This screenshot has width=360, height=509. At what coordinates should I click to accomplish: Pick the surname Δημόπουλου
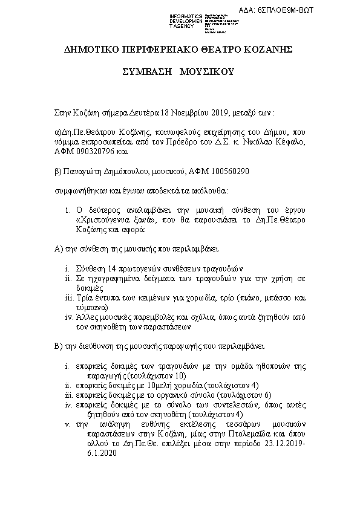click(x=123, y=172)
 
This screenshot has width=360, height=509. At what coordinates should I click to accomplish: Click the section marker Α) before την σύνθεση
click(x=59, y=248)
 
